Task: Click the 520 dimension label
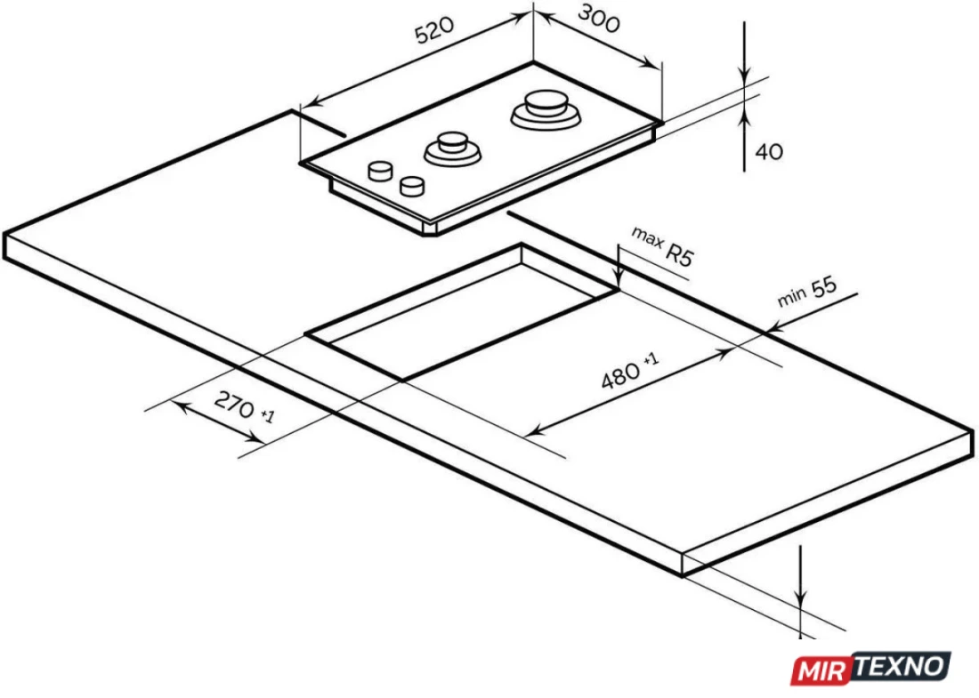pyautogui.click(x=435, y=30)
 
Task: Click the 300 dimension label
pyautogui.click(x=599, y=19)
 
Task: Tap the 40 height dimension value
pyautogui.click(x=769, y=151)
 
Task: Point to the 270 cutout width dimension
pyautogui.click(x=234, y=405)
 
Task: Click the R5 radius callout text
pyautogui.click(x=680, y=254)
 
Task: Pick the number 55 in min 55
pyautogui.click(x=823, y=288)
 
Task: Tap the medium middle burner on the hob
pyautogui.click(x=453, y=149)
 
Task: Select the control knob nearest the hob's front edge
pyautogui.click(x=412, y=185)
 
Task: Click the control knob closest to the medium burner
pyautogui.click(x=380, y=171)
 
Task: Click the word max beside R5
pyautogui.click(x=646, y=237)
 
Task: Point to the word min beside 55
pyautogui.click(x=792, y=298)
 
